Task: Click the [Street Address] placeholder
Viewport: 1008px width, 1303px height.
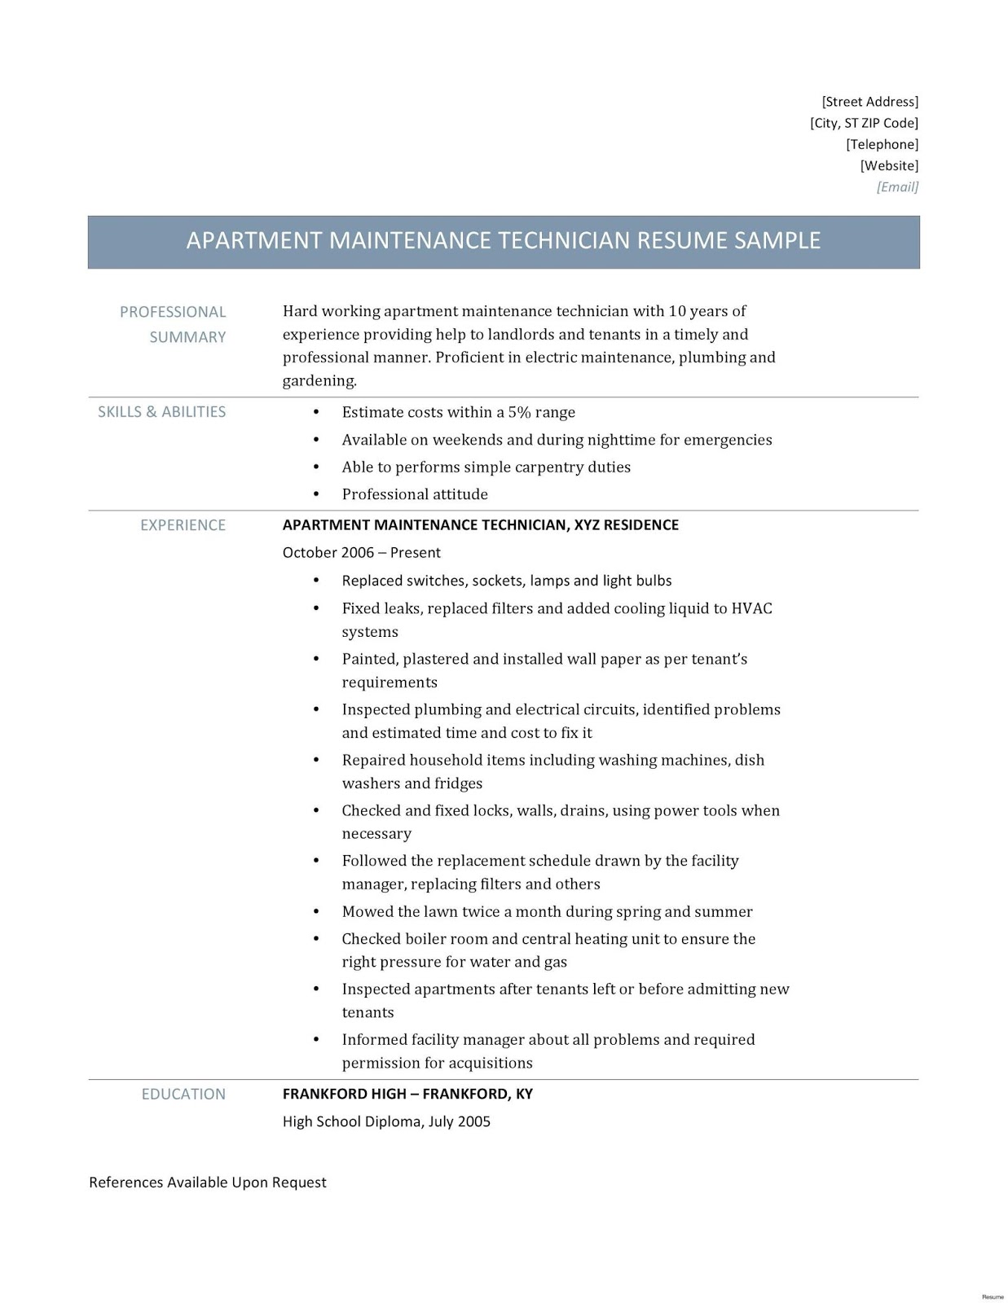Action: [x=869, y=102]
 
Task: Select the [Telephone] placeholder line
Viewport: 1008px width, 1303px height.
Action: [x=882, y=144]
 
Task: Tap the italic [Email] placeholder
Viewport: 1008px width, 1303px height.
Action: [x=897, y=186]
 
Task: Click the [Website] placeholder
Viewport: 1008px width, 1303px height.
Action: [x=889, y=165]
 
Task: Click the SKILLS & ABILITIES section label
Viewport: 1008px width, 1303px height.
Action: [x=161, y=412]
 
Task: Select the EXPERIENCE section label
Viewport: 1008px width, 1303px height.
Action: [x=183, y=525]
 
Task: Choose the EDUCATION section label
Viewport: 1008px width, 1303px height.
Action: [x=183, y=1095]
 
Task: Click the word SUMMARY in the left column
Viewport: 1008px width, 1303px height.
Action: [x=187, y=337]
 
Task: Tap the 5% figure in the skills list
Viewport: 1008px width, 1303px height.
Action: [x=518, y=412]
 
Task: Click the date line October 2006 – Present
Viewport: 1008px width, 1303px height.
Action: [x=361, y=552]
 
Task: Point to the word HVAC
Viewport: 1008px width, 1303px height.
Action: [x=751, y=608]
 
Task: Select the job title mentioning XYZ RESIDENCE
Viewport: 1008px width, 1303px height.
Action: [x=480, y=525]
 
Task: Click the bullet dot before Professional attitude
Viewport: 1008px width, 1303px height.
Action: [x=316, y=494]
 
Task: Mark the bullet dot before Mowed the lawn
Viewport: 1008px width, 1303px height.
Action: [x=316, y=912]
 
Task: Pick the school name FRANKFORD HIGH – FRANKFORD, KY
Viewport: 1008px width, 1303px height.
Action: [x=407, y=1094]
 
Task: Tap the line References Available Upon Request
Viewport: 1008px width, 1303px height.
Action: [x=207, y=1182]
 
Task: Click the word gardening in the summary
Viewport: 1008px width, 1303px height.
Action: [x=319, y=380]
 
